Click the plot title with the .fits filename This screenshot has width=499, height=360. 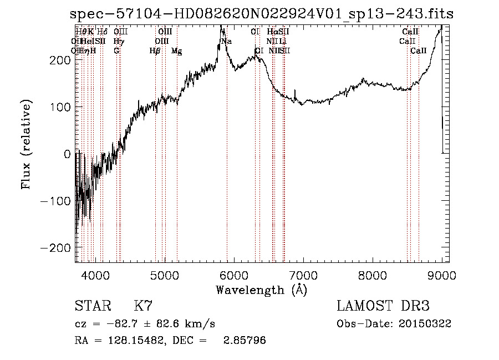(266, 14)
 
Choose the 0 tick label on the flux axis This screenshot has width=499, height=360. (68, 154)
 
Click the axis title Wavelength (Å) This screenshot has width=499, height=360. (261, 290)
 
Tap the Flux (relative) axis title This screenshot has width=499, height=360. (26, 145)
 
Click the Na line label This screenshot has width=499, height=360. (226, 42)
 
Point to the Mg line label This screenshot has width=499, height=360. (176, 51)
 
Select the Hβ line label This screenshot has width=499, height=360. (155, 51)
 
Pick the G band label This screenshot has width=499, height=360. (116, 51)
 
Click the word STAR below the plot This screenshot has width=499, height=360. (92, 306)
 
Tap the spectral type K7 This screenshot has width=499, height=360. (143, 306)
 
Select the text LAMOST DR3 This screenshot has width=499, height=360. (383, 306)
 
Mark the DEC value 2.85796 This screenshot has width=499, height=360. (244, 341)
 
